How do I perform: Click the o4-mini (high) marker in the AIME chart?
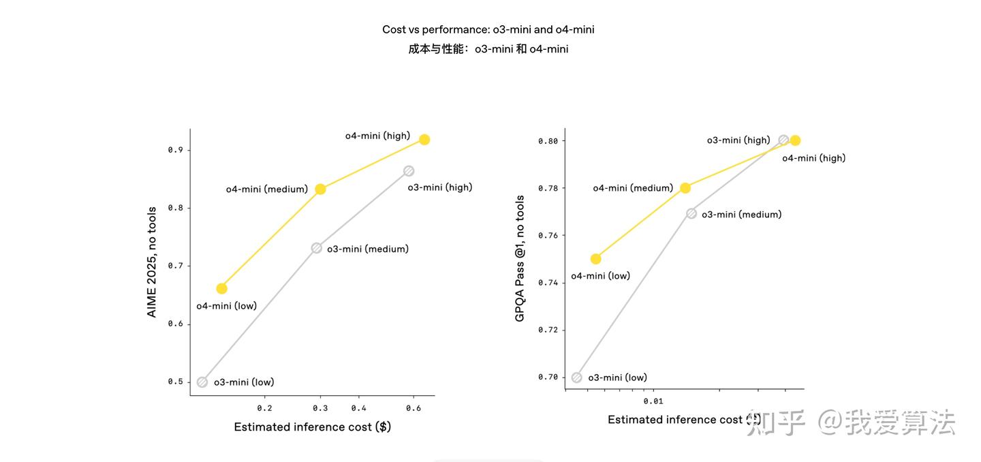[x=424, y=140]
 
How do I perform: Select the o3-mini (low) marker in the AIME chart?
[x=202, y=382]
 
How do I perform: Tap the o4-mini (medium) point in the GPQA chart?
[x=685, y=188]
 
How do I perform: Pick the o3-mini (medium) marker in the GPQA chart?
[x=691, y=214]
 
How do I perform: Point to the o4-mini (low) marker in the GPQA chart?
[x=596, y=259]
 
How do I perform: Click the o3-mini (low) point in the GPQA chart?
[x=577, y=378]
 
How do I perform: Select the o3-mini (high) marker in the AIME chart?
[x=409, y=171]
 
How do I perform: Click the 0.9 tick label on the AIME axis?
[x=175, y=150]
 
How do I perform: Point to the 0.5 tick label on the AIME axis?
[x=175, y=382]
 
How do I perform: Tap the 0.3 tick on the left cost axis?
[x=320, y=408]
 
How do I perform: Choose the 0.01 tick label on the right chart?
[x=653, y=401]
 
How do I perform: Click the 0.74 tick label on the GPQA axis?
[x=548, y=283]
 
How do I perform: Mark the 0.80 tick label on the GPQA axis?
[x=548, y=141]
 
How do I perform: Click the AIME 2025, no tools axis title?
[x=152, y=262]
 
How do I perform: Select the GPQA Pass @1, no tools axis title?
[x=520, y=259]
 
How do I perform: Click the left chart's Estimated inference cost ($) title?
[x=312, y=427]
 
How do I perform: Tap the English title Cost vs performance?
[x=488, y=30]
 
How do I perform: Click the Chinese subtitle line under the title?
[x=488, y=49]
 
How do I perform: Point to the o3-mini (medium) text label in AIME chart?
[x=368, y=249]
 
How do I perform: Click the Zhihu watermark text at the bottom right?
[x=852, y=422]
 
